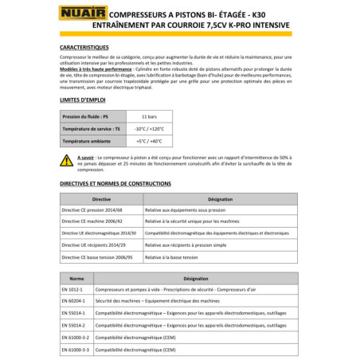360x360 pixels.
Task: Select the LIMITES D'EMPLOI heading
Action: pyautogui.click(x=84, y=102)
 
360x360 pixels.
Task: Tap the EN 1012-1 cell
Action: pyautogui.click(x=74, y=292)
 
